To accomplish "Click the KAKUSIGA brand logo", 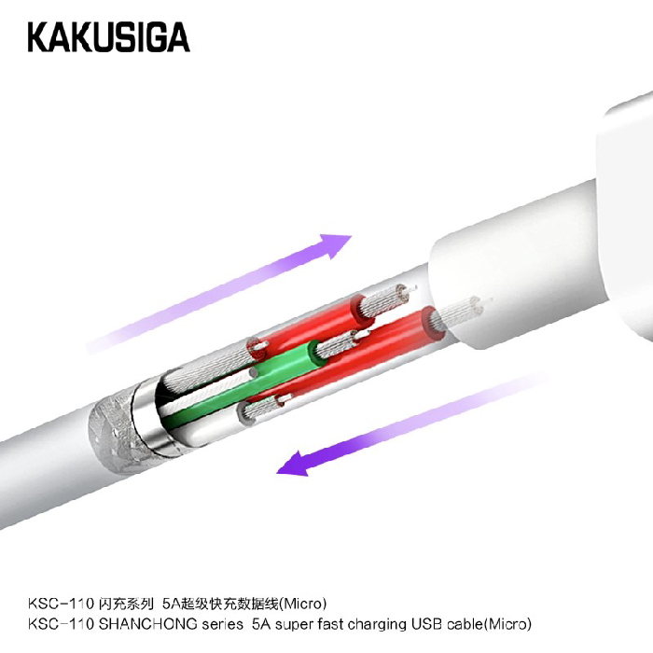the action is coord(109,37).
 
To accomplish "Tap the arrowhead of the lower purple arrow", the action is coord(295,464).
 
